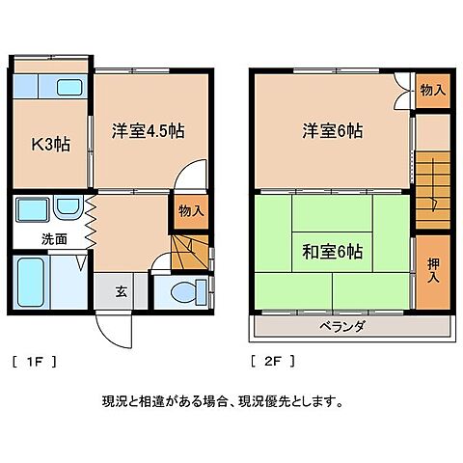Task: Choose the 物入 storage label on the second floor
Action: (x=433, y=90)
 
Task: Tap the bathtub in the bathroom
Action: (x=32, y=281)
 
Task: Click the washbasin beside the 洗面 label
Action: (x=68, y=207)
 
